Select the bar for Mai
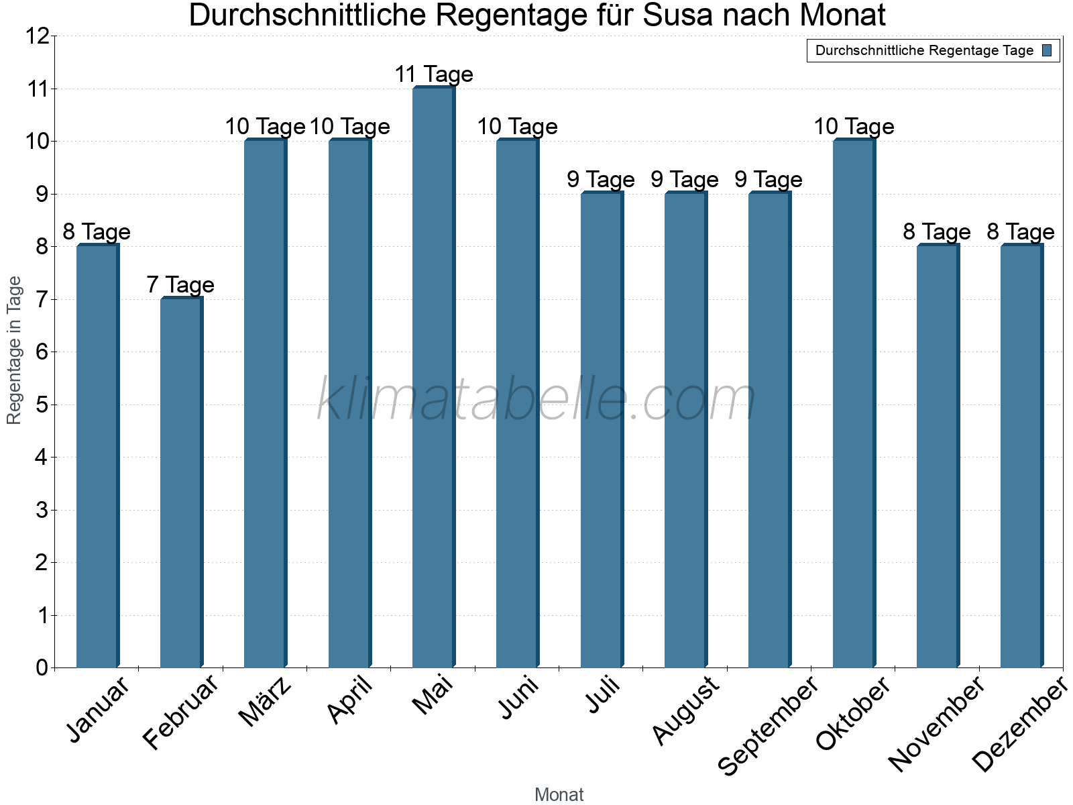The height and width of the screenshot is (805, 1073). click(433, 377)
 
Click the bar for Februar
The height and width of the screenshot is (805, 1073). click(181, 483)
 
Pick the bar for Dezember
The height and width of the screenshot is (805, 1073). click(1021, 456)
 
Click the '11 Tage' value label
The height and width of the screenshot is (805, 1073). click(434, 74)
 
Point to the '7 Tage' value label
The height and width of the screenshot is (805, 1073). click(180, 285)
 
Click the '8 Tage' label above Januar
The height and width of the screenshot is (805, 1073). click(97, 232)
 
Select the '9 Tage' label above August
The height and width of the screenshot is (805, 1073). click(685, 180)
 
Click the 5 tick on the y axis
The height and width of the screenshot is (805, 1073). click(42, 405)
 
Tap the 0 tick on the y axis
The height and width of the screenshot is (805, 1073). click(42, 667)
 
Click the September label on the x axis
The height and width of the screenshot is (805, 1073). click(769, 724)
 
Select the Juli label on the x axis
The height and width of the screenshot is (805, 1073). click(603, 695)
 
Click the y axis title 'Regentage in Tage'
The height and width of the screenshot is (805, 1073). click(14, 350)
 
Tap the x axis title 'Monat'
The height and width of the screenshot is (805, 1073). click(559, 795)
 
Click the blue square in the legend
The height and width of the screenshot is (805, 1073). click(1047, 50)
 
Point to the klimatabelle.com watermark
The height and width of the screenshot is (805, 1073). click(536, 400)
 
